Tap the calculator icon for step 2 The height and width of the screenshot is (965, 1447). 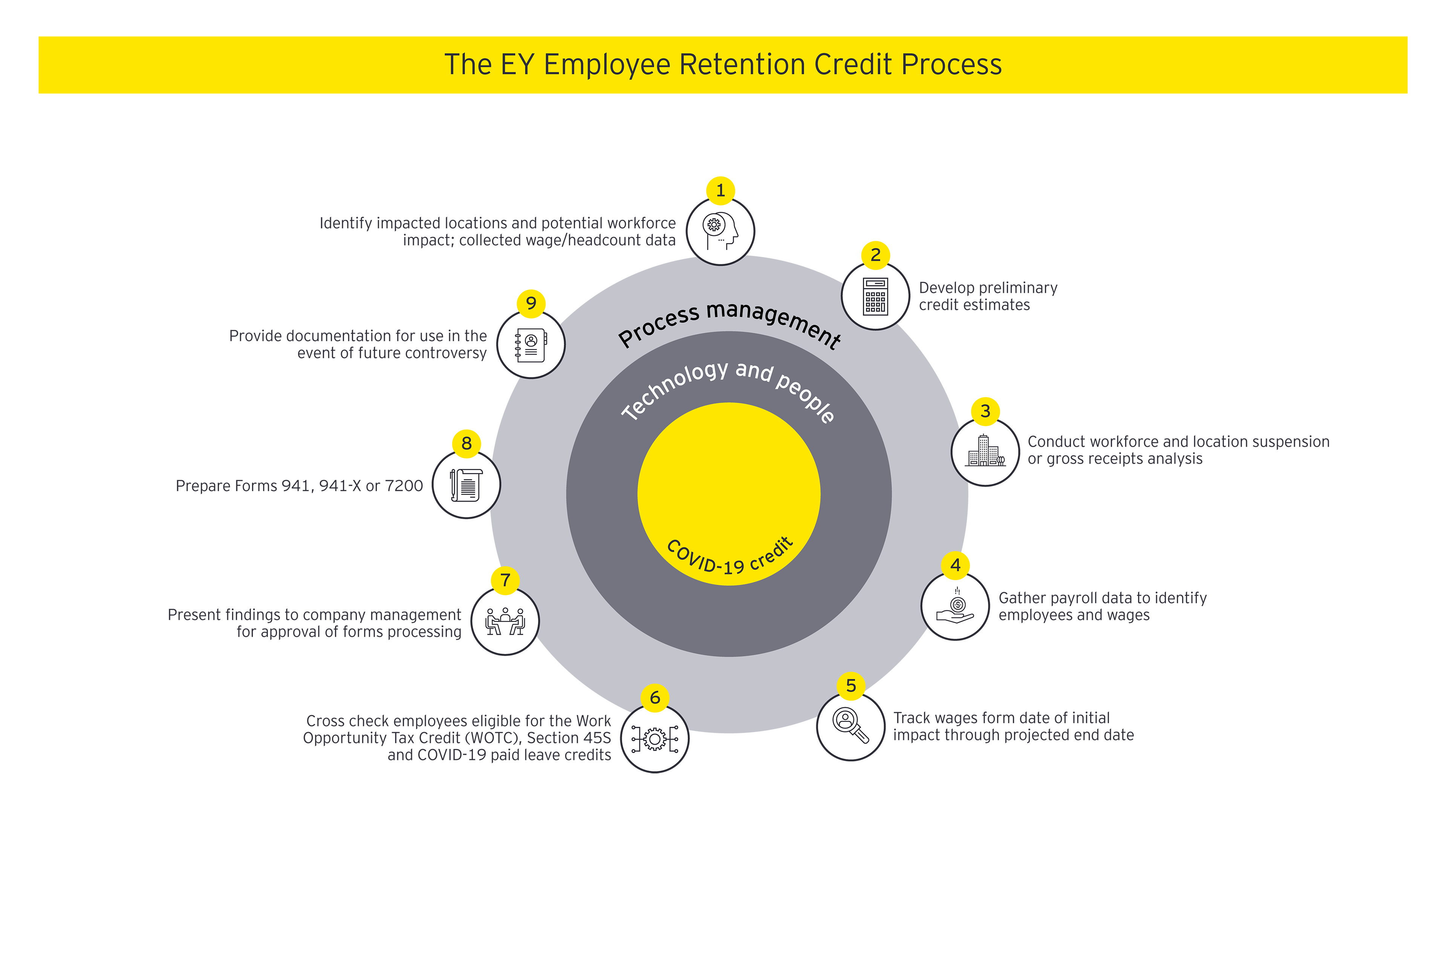(x=875, y=296)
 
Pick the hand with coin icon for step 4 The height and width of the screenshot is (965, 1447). (x=955, y=606)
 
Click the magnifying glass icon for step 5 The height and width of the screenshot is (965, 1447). (x=851, y=726)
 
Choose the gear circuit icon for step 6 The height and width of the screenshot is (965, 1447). (x=655, y=738)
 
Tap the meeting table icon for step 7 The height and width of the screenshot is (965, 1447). (x=505, y=621)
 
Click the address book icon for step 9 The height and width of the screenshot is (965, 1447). (x=531, y=345)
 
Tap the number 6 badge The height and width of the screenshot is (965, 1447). (x=655, y=698)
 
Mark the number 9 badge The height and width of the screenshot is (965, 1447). (x=531, y=303)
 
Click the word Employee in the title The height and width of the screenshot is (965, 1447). (x=607, y=64)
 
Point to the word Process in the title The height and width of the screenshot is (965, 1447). (x=951, y=64)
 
